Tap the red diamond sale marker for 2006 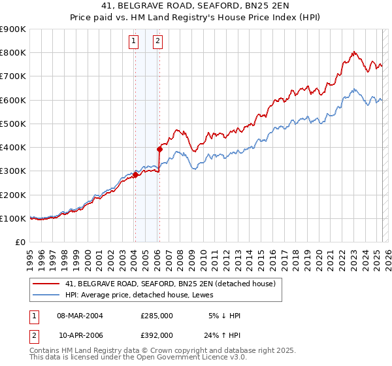pyautogui.click(x=159, y=149)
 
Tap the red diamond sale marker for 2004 pyautogui.click(x=135, y=175)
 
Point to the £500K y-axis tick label pyautogui.click(x=13, y=124)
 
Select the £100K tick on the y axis pyautogui.click(x=13, y=218)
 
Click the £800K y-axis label pyautogui.click(x=13, y=52)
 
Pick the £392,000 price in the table pyautogui.click(x=157, y=335)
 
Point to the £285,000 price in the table pyautogui.click(x=157, y=316)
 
